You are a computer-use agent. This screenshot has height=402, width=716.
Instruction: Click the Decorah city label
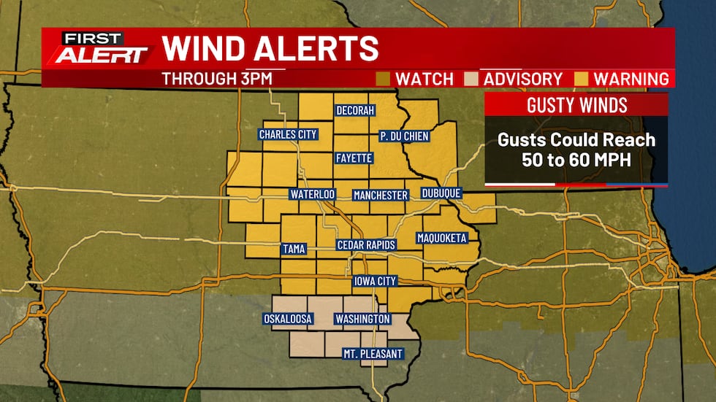point(355,111)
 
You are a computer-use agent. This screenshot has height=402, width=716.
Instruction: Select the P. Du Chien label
point(404,136)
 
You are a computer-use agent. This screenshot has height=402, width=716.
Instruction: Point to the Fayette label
point(354,158)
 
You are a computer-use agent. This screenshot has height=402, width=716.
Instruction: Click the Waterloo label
point(312,195)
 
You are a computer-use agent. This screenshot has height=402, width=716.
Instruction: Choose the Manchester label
point(380,196)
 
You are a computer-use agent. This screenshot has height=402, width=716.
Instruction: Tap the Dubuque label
point(441,194)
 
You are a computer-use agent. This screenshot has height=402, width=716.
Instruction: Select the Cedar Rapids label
point(366,245)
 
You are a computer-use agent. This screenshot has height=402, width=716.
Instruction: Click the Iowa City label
point(375,282)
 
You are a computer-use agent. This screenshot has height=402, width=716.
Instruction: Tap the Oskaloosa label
point(287,319)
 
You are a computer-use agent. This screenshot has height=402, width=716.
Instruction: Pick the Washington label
point(362,320)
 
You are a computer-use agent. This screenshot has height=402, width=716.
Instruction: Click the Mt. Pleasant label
point(373,354)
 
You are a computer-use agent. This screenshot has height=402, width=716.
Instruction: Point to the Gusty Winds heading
point(577,105)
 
